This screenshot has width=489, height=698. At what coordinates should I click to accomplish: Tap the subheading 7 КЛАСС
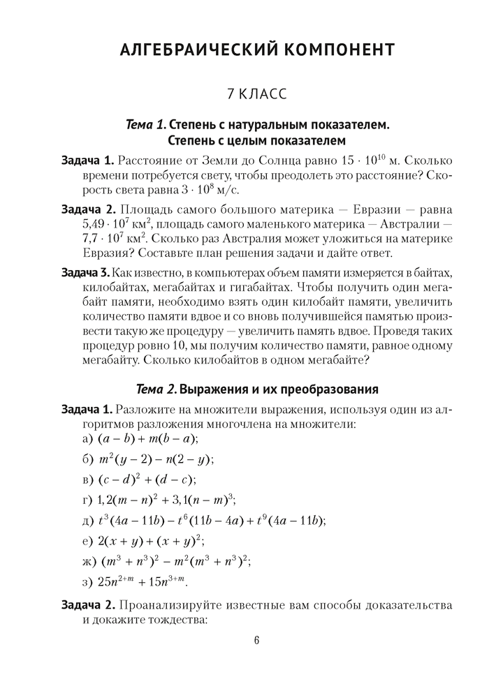(x=257, y=93)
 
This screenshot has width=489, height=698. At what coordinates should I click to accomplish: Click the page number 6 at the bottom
(x=257, y=641)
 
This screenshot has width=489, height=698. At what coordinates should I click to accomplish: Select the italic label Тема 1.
(x=146, y=126)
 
